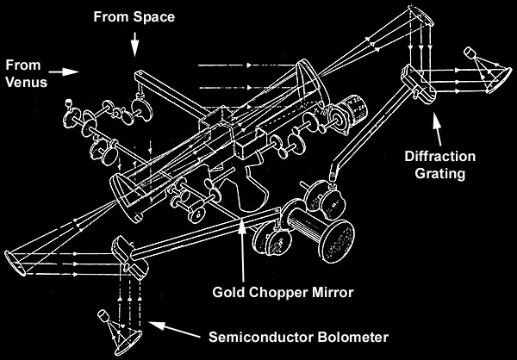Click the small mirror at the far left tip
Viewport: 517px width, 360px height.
click(x=11, y=257)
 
